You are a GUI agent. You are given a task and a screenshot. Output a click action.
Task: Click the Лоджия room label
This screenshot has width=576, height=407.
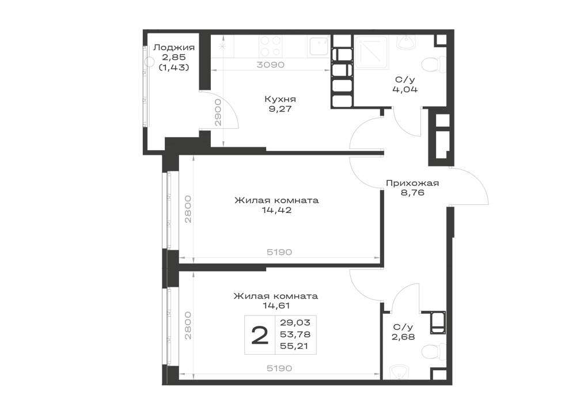tap(174, 48)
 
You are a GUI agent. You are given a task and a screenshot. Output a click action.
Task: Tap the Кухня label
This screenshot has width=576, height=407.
tap(280, 99)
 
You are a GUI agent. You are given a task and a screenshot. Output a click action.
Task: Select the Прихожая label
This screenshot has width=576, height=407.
tap(412, 182)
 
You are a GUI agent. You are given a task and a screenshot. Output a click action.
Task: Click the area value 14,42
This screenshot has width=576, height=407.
tap(276, 210)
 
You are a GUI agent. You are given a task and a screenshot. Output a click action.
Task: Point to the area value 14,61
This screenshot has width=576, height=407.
tap(276, 305)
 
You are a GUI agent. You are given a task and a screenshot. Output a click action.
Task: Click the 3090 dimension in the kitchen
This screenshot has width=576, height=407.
tap(270, 65)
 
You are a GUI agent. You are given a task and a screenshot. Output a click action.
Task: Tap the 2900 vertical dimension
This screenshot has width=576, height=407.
tap(218, 112)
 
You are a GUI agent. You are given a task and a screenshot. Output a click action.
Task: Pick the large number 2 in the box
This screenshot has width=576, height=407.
tap(260, 336)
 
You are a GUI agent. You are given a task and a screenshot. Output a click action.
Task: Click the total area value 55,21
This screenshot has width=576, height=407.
tap(295, 346)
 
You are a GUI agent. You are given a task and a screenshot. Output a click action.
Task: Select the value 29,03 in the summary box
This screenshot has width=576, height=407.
tap(295, 322)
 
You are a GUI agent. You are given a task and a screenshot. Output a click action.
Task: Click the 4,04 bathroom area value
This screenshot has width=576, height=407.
tap(405, 89)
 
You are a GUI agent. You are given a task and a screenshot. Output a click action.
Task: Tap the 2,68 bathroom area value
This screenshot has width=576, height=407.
tap(403, 337)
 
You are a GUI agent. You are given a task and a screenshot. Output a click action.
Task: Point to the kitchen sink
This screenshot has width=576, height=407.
tap(319, 47)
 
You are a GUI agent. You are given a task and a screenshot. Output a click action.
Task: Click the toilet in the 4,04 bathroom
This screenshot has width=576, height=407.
tap(434, 66)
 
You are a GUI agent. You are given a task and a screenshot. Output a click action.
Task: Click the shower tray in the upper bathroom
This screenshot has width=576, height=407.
tap(371, 52)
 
